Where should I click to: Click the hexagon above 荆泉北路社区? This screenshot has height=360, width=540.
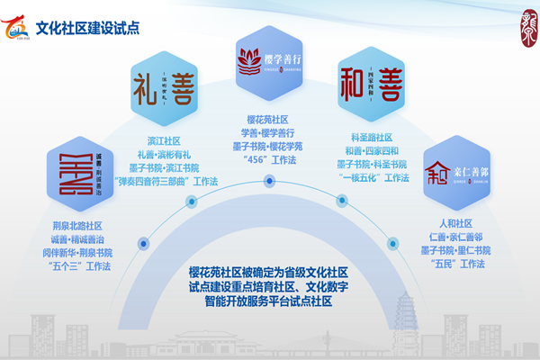click(78, 171)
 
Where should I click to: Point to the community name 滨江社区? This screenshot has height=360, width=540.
click(164, 141)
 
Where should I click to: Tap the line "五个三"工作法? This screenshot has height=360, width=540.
click(79, 266)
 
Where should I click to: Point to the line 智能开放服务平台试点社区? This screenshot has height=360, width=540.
click(268, 302)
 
